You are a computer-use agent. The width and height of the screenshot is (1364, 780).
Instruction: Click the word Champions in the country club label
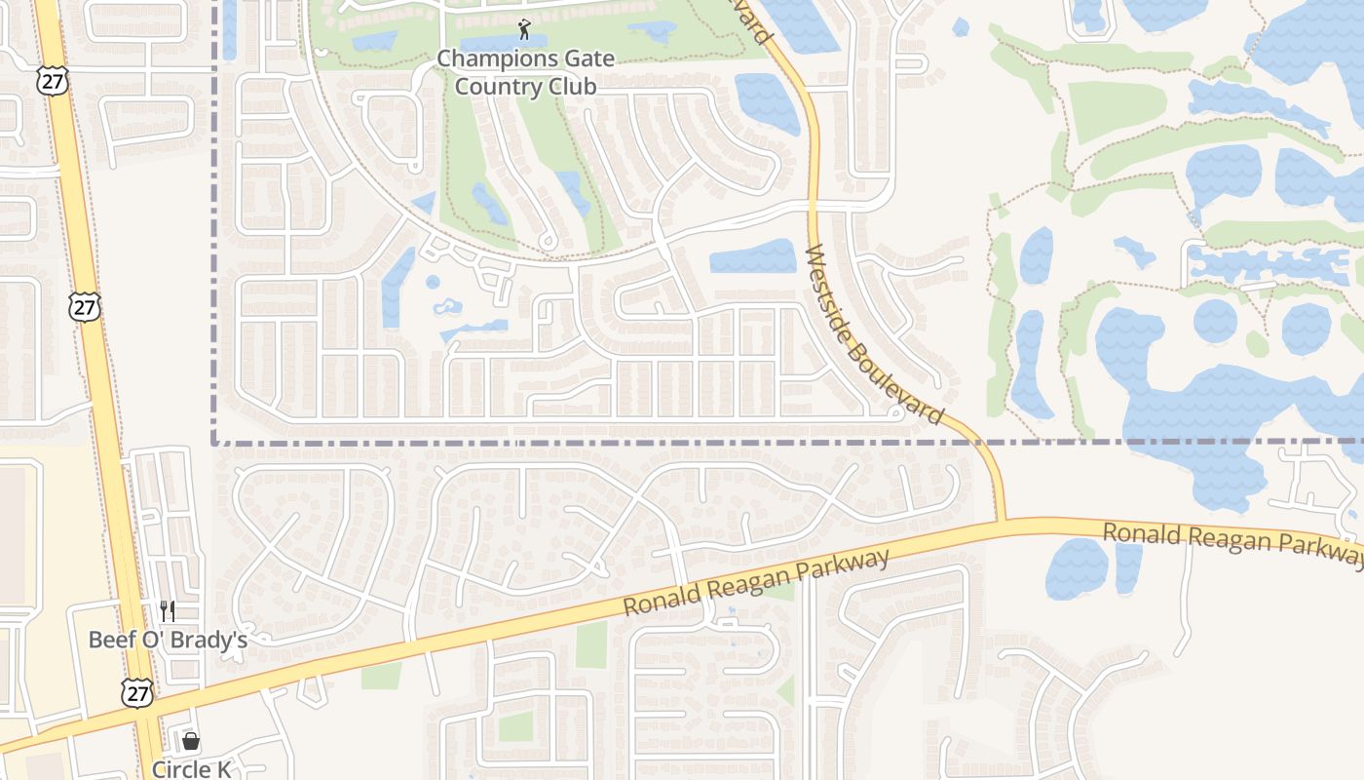pos(484,58)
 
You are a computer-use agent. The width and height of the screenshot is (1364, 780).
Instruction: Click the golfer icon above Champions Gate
pos(525,29)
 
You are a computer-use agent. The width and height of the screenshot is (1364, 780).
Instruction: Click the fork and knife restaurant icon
pos(168,611)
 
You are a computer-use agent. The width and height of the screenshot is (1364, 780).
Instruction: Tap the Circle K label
pos(192,769)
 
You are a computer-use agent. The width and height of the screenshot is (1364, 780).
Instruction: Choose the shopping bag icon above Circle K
pos(191,741)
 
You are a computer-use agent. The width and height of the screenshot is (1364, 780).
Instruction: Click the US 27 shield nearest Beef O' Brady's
pos(137,693)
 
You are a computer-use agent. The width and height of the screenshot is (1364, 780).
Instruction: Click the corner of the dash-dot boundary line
pos(214,443)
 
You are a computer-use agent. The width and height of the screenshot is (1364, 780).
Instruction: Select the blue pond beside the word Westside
pos(752,256)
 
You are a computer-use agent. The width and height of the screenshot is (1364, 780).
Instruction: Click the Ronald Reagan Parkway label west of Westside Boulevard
pos(756,583)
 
